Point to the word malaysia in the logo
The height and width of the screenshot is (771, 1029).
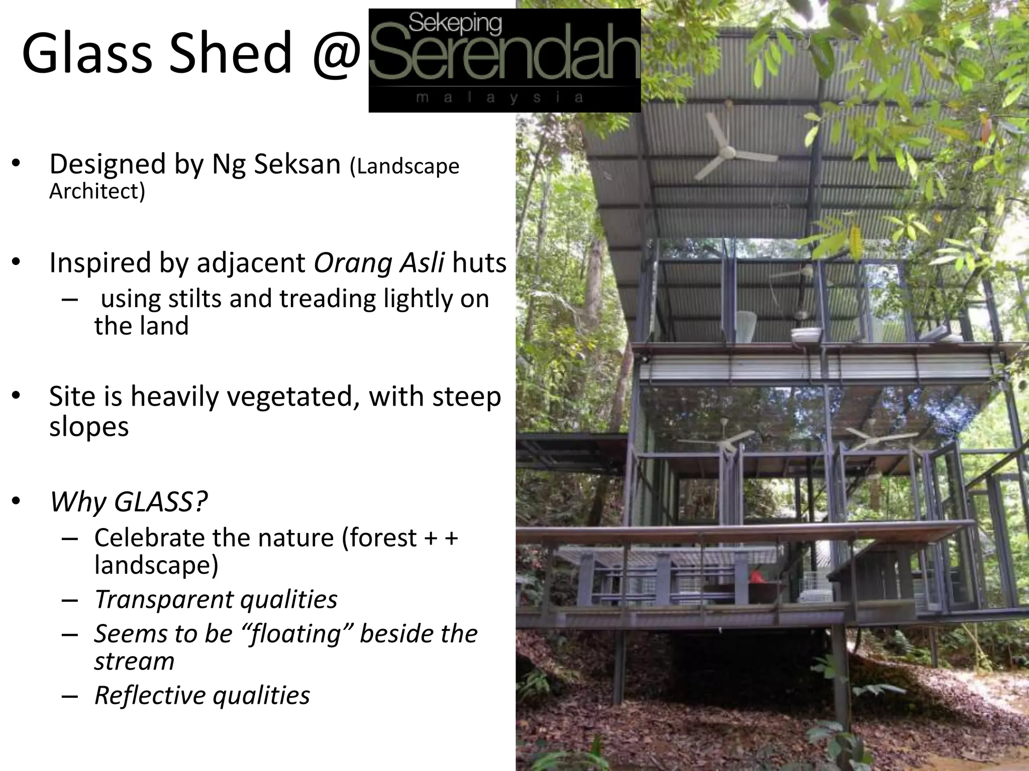pyautogui.click(x=500, y=98)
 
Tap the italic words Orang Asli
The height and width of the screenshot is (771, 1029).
pyautogui.click(x=379, y=263)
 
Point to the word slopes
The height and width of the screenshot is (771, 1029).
pyautogui.click(x=89, y=427)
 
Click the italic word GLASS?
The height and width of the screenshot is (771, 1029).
pyautogui.click(x=161, y=501)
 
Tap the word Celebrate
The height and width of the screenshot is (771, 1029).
pyautogui.click(x=149, y=538)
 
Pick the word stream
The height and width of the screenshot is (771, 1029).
pyautogui.click(x=134, y=662)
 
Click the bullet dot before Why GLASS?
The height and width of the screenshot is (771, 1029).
pyautogui.click(x=16, y=501)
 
